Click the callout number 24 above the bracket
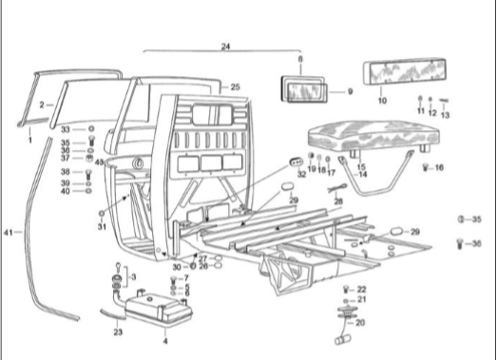coord(225,47)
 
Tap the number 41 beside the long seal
coord(8,233)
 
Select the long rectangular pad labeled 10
coord(405,72)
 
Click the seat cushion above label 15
coord(373,136)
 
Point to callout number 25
coord(235,86)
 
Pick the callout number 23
coord(118,332)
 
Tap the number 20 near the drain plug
coord(360,323)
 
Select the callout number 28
coord(338,201)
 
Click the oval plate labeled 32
coord(296,162)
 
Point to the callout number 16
coord(439,167)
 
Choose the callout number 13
coord(445,115)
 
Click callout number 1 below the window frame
coord(30,140)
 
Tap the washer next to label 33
coord(91,129)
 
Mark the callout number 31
coord(102,227)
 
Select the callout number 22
coord(361,290)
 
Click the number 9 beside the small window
coord(350,91)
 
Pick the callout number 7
coord(186,278)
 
